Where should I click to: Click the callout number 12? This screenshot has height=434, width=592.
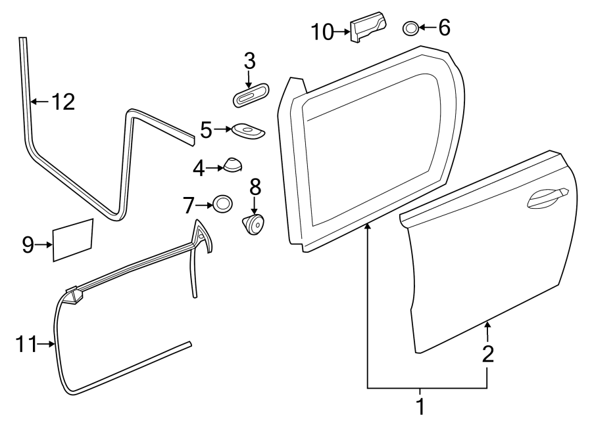(x=63, y=102)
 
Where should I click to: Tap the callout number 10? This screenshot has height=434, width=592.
(x=323, y=31)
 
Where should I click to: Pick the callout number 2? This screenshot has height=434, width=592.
(x=487, y=355)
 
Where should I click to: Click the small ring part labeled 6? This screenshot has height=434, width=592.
(x=409, y=28)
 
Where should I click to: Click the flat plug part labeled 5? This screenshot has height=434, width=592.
(x=248, y=131)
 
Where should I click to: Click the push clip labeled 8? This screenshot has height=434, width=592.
(x=255, y=226)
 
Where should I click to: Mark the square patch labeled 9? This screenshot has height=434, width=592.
(x=72, y=240)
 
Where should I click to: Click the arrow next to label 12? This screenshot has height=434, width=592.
(x=39, y=102)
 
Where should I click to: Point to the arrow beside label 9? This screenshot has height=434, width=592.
(x=45, y=245)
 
